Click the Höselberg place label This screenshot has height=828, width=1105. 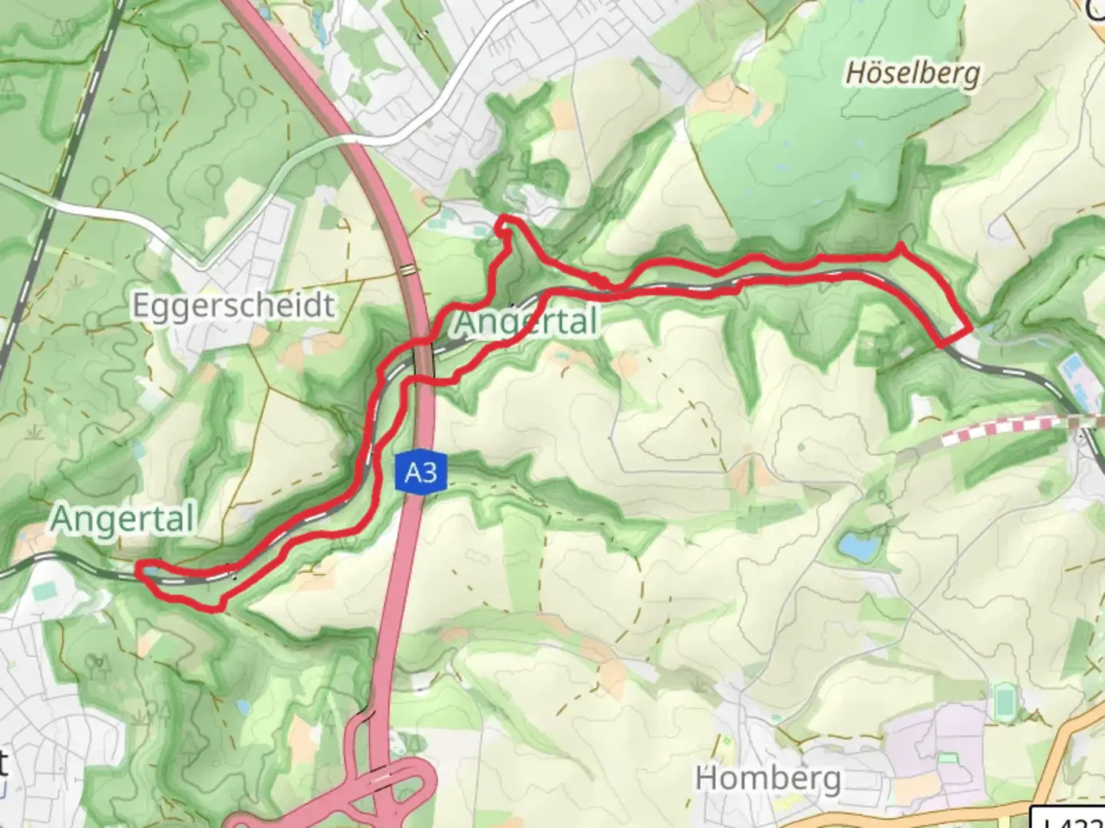pyautogui.click(x=912, y=74)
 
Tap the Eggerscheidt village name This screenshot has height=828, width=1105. pyautogui.click(x=233, y=305)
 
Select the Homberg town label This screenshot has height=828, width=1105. pyautogui.click(x=767, y=779)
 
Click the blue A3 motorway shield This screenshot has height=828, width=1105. pyautogui.click(x=421, y=472)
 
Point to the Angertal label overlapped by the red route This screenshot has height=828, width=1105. pyautogui.click(x=526, y=321)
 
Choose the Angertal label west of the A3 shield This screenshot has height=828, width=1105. pyautogui.click(x=123, y=519)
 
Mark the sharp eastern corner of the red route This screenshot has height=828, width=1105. pyautogui.click(x=970, y=329)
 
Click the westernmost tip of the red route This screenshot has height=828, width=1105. pyautogui.click(x=138, y=569)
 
